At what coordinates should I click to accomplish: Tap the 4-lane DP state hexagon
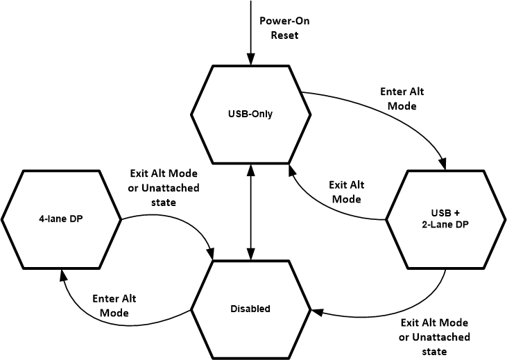[61, 218]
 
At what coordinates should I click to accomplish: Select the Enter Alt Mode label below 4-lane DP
[114, 306]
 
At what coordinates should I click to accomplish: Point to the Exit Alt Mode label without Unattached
[345, 192]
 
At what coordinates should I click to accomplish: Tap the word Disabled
[250, 308]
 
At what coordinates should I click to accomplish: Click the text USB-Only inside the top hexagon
[250, 114]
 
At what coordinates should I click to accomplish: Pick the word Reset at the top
[284, 35]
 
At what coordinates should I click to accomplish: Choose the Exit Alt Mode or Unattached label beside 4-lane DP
[164, 188]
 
